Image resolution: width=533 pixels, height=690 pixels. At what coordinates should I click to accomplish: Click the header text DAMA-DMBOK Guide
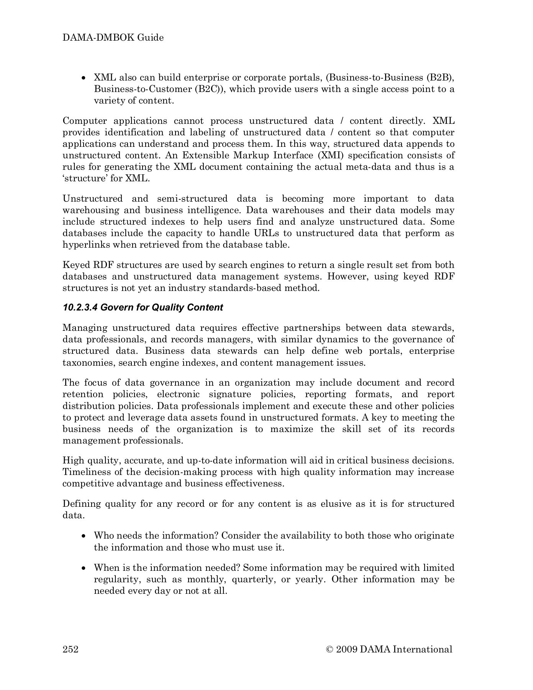(113, 38)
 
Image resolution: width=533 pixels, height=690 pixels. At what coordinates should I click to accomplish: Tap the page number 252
(71, 649)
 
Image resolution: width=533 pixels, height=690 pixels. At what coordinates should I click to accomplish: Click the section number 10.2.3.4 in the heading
(80, 307)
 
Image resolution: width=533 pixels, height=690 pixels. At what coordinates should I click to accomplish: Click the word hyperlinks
(86, 245)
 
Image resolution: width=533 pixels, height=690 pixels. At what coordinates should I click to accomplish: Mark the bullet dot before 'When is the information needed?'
(84, 568)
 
